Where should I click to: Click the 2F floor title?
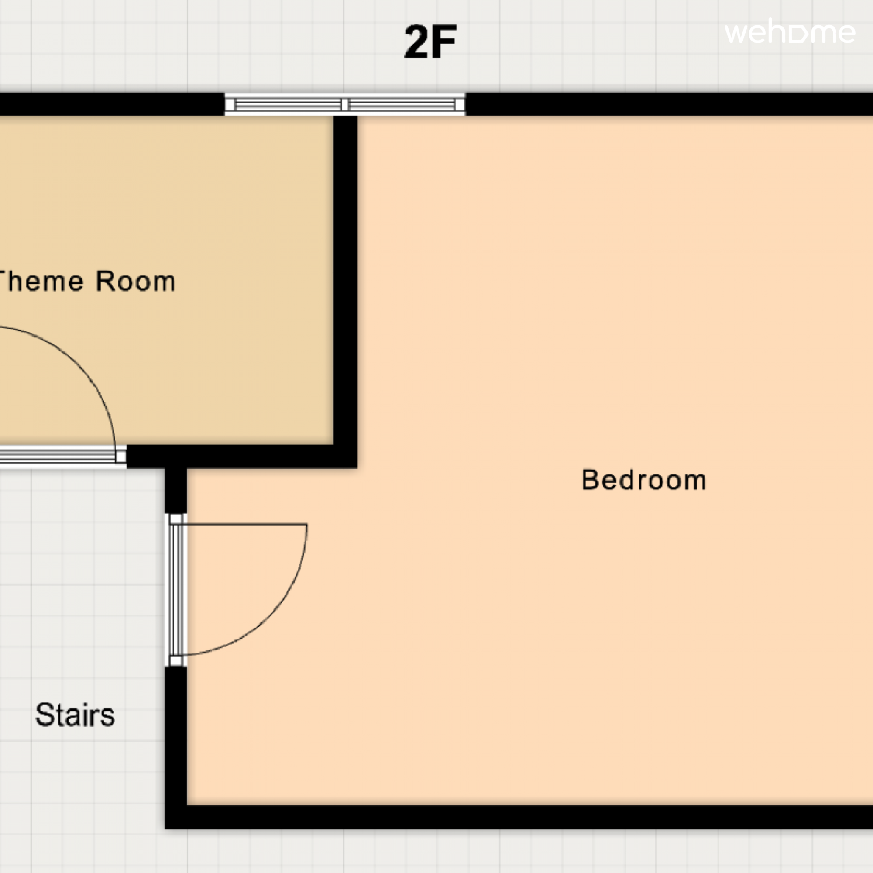tap(430, 42)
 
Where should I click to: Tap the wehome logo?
tap(789, 33)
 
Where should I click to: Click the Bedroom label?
tap(643, 480)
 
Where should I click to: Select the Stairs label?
tap(75, 715)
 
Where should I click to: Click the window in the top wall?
tap(345, 104)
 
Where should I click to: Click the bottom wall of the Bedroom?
tap(519, 817)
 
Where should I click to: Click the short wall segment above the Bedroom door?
tap(176, 490)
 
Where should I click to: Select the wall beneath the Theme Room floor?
tap(242, 457)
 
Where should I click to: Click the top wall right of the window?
tap(669, 104)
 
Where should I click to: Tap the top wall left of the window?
tap(112, 104)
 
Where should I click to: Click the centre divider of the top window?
tap(345, 104)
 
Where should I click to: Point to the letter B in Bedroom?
tap(590, 480)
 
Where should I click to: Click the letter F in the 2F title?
tap(444, 42)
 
